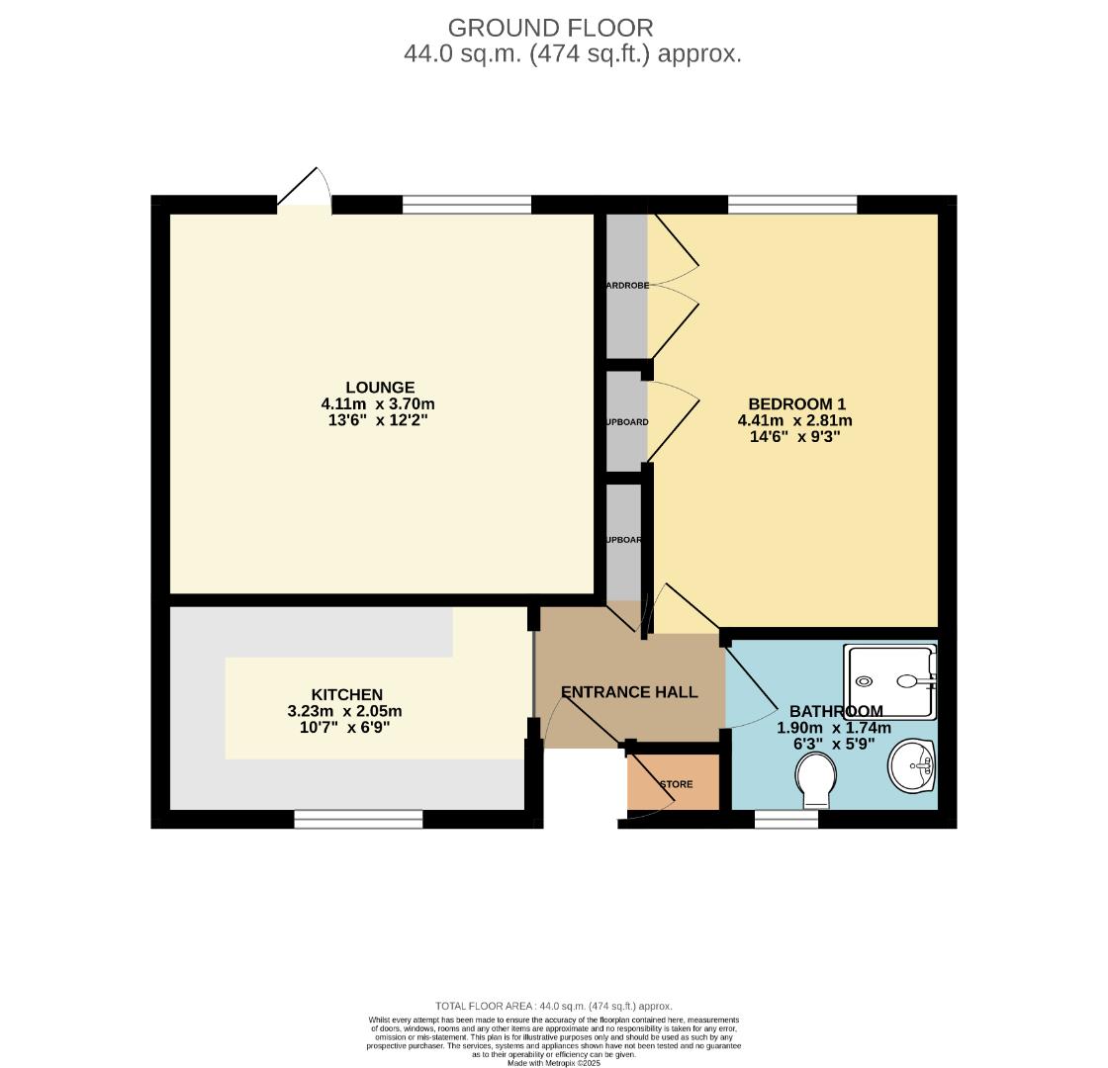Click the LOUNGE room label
[380, 388]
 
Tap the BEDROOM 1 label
[796, 403]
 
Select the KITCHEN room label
[346, 694]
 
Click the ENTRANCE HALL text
[629, 692]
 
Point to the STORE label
[677, 784]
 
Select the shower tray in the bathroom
[889, 681]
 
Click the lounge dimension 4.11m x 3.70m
[378, 403]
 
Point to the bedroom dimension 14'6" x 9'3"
[795, 436]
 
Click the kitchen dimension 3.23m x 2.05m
[344, 711]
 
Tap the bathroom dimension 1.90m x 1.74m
[833, 728]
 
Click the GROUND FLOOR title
[550, 28]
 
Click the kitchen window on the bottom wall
[358, 819]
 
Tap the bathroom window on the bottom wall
[786, 819]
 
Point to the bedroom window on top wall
[792, 205]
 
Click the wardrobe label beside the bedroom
[626, 285]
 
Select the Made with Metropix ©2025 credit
[554, 1063]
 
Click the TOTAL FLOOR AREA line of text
[554, 1006]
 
